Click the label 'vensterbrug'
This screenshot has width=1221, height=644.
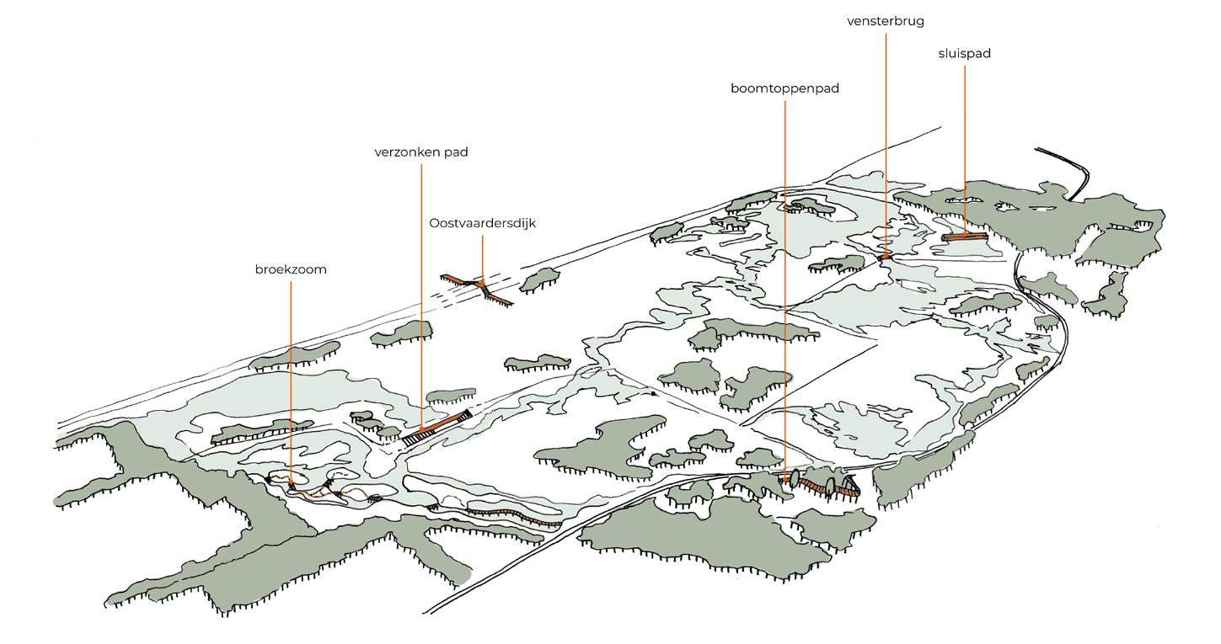pos(885,21)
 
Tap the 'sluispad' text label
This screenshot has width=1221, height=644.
pos(964,54)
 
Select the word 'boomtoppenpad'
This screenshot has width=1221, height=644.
pos(785,88)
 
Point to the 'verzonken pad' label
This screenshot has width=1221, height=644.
pos(421,152)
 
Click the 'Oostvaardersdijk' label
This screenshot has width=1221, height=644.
pos(482,223)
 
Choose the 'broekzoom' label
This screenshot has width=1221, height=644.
pos(291,269)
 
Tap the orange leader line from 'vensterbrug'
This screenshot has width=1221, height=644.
pos(886,135)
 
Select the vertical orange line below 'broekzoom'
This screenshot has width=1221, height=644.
pos(291,379)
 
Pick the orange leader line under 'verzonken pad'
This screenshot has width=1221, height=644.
pos(421,295)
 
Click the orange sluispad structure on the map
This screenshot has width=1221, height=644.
pos(964,237)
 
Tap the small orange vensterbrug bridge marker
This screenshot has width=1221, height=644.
pos(885,256)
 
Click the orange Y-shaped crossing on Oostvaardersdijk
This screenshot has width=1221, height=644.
pos(482,288)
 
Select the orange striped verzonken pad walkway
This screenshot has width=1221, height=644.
pos(436,428)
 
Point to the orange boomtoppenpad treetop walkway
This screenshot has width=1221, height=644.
pos(817,484)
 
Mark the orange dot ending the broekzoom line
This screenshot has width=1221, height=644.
pos(292,483)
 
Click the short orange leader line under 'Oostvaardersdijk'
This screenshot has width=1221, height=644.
pos(482,257)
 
